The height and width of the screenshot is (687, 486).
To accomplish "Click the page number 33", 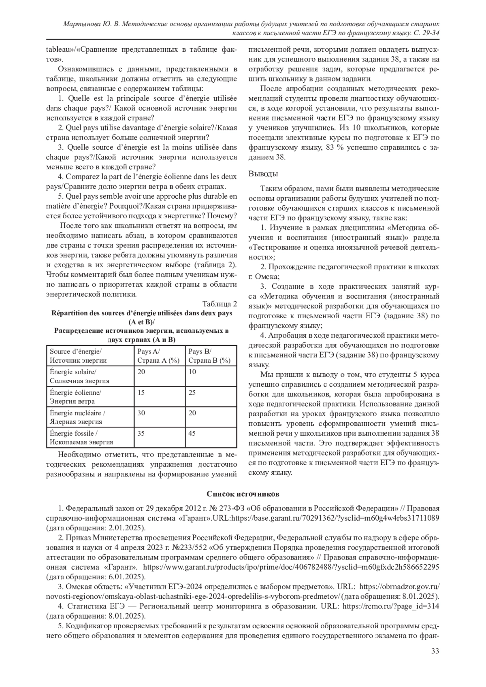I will pos(435,651).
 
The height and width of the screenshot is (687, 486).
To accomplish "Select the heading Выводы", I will pos(263,174).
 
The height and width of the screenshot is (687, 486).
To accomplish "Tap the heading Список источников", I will pos(243,494).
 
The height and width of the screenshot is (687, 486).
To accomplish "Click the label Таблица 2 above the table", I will pos(220,304).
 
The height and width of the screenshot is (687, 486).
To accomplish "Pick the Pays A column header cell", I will pos(159,356).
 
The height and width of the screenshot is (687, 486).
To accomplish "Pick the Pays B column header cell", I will pos(211,356).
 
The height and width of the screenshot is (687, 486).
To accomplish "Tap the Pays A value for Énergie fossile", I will pos(141,433).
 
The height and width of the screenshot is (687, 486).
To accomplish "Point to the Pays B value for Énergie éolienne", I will pos(192,392).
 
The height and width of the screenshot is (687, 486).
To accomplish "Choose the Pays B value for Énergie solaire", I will pos(192,372).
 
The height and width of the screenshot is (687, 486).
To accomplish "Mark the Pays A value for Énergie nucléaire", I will pos(141,413).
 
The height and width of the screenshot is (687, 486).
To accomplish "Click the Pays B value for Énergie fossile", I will pos(192,433).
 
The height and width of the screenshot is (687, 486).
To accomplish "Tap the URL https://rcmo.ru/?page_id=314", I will pos(391,606).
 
